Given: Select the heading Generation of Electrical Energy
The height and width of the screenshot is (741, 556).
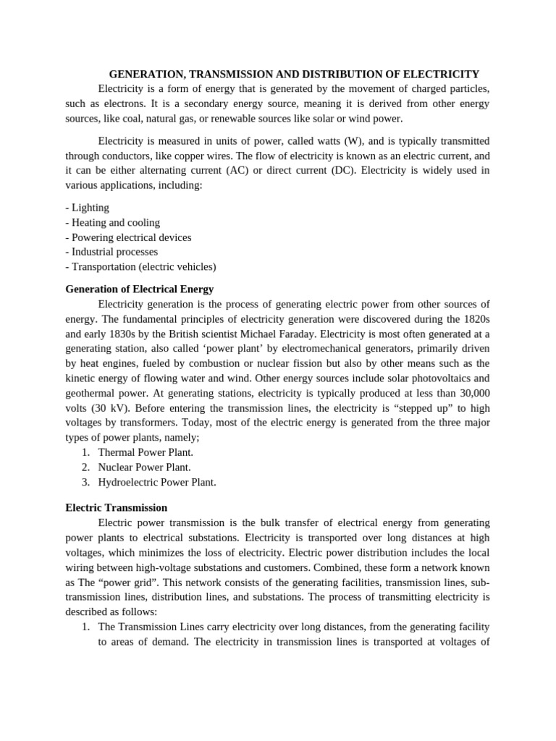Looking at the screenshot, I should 140,289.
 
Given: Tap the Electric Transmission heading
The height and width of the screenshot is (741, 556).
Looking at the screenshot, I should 117,507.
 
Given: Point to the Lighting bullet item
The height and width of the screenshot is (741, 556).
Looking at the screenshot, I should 88,208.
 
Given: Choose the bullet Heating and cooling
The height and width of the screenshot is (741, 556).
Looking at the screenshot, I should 113,222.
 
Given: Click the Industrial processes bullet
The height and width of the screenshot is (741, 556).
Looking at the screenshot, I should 111,252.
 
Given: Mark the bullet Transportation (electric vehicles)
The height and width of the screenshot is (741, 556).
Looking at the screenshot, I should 140,266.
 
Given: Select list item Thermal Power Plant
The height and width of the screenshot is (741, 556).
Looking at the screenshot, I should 146,452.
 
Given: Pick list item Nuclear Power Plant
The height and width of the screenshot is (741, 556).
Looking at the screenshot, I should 145,467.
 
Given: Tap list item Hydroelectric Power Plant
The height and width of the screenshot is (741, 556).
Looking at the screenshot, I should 157,482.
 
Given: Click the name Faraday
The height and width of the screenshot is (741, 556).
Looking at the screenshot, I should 294,334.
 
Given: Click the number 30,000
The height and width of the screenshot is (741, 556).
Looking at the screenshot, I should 471,393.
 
